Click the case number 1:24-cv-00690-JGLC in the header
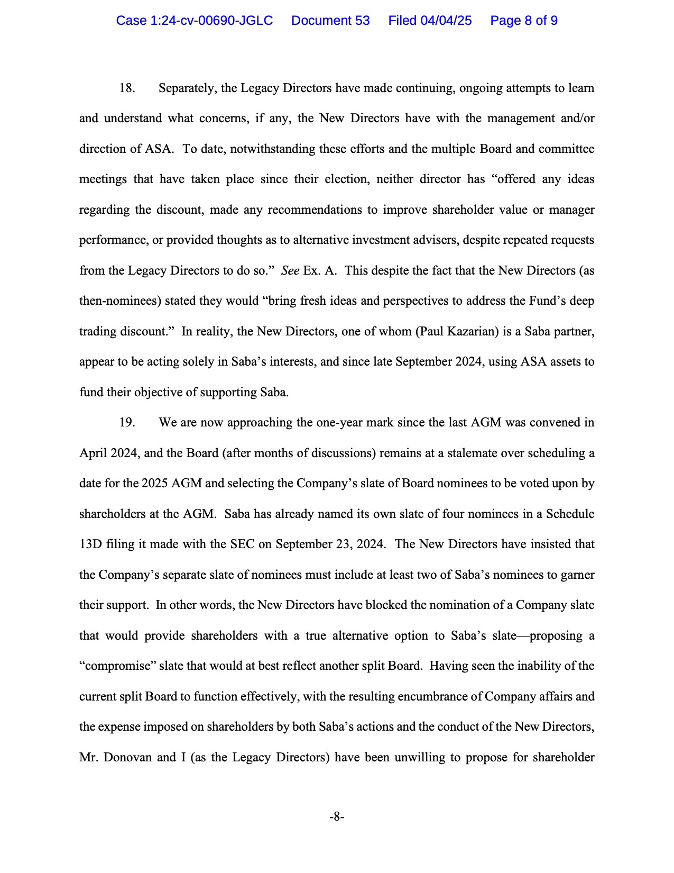195,21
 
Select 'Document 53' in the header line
330,21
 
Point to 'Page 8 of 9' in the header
523,21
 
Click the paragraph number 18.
127,88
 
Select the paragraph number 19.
127,423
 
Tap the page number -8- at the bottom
337,816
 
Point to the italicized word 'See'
290,271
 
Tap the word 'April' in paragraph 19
93,453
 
